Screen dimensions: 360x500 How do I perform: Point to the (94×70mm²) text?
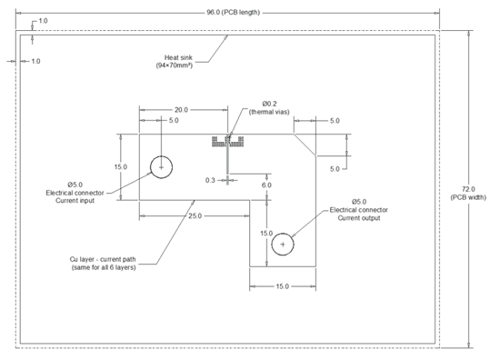178,65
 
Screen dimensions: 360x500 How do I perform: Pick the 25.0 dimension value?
194,215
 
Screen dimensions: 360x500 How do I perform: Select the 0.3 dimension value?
210,180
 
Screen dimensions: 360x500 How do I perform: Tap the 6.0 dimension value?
266,185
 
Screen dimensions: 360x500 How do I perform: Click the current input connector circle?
161,167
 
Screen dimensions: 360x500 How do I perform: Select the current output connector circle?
284,244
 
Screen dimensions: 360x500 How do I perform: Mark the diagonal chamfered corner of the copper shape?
305,145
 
